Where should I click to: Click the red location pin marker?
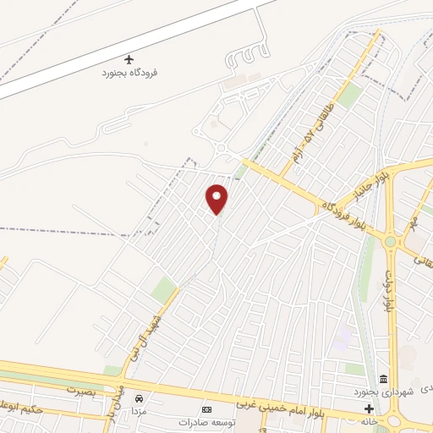217,199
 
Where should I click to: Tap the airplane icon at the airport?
129,59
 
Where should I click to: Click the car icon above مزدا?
139,398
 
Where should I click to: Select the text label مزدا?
136,410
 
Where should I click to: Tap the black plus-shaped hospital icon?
369,408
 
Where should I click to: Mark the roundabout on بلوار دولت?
392,242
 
